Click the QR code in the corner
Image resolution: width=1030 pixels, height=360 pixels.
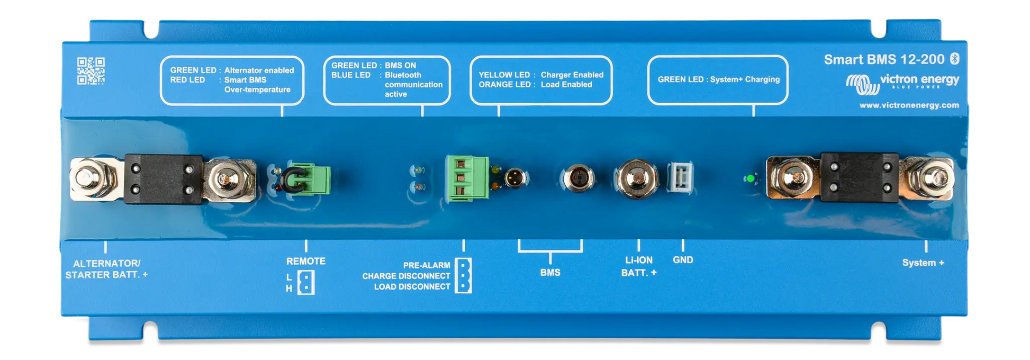pyautogui.click(x=91, y=71)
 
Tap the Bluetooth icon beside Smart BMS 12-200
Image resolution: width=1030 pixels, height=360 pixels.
pyautogui.click(x=954, y=59)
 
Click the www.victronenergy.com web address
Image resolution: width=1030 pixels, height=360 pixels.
pyautogui.click(x=909, y=105)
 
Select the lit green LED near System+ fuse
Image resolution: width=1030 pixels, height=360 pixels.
pyautogui.click(x=749, y=179)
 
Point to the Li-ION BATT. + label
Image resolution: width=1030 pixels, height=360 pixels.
pyautogui.click(x=639, y=266)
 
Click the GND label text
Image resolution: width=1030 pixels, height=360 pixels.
pyautogui.click(x=683, y=260)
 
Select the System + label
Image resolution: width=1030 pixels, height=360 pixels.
pyautogui.click(x=923, y=263)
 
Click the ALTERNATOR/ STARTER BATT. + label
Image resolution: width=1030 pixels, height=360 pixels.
pyautogui.click(x=106, y=269)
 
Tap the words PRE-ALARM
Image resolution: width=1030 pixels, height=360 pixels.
pyautogui.click(x=426, y=265)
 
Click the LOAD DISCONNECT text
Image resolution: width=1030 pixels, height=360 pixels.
pyautogui.click(x=412, y=287)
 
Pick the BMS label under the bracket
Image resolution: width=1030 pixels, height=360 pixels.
pyautogui.click(x=550, y=273)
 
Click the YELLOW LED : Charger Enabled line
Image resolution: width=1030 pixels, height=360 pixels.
pyautogui.click(x=540, y=75)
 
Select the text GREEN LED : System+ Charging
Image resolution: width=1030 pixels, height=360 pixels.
pyautogui.click(x=718, y=79)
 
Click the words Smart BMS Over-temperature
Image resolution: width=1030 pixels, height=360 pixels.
pyautogui.click(x=257, y=85)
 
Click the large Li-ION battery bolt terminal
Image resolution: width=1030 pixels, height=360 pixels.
pyautogui.click(x=636, y=178)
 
